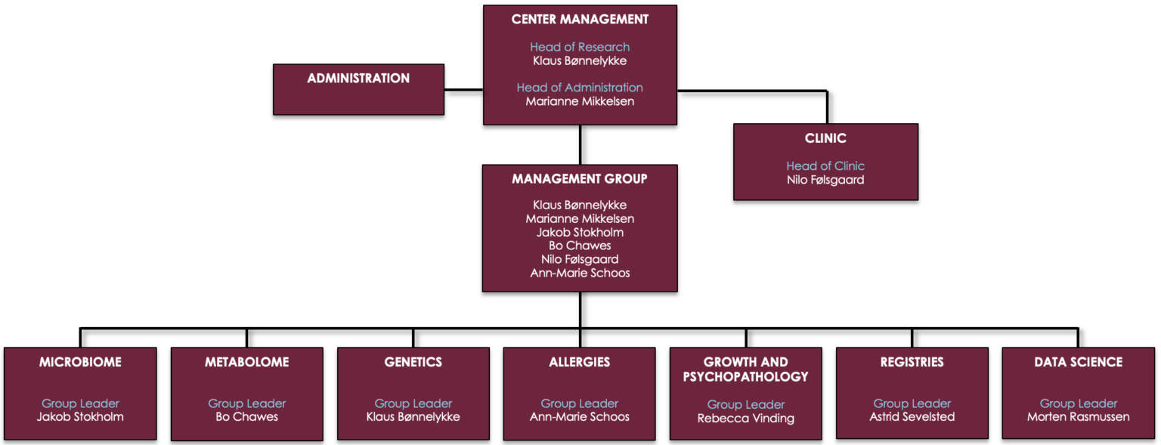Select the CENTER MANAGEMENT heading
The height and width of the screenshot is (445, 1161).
point(580,20)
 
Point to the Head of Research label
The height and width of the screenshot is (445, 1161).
point(580,47)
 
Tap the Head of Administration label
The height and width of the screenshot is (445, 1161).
point(580,88)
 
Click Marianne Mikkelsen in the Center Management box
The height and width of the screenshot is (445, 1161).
point(580,101)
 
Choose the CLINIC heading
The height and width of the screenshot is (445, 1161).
point(825,139)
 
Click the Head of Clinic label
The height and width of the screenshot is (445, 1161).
point(825,166)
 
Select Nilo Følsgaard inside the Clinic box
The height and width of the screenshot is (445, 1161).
point(825,180)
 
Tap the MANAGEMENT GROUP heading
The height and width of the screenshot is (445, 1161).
point(580,179)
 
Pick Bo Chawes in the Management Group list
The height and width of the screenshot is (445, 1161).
point(580,246)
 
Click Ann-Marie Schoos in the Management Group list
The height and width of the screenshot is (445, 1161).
point(580,273)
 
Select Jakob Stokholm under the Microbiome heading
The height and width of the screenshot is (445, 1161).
point(80,417)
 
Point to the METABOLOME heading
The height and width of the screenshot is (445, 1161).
point(246,363)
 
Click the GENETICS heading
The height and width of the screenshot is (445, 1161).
point(413,363)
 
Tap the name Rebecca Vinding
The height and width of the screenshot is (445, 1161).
point(745,419)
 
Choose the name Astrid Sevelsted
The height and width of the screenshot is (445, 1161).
point(912,417)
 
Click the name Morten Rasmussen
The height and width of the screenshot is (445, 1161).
point(1078,417)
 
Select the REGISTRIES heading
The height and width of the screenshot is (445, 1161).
point(912,363)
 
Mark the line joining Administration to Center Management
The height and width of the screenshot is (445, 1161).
point(463,90)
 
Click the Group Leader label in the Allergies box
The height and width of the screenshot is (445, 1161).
point(580,403)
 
